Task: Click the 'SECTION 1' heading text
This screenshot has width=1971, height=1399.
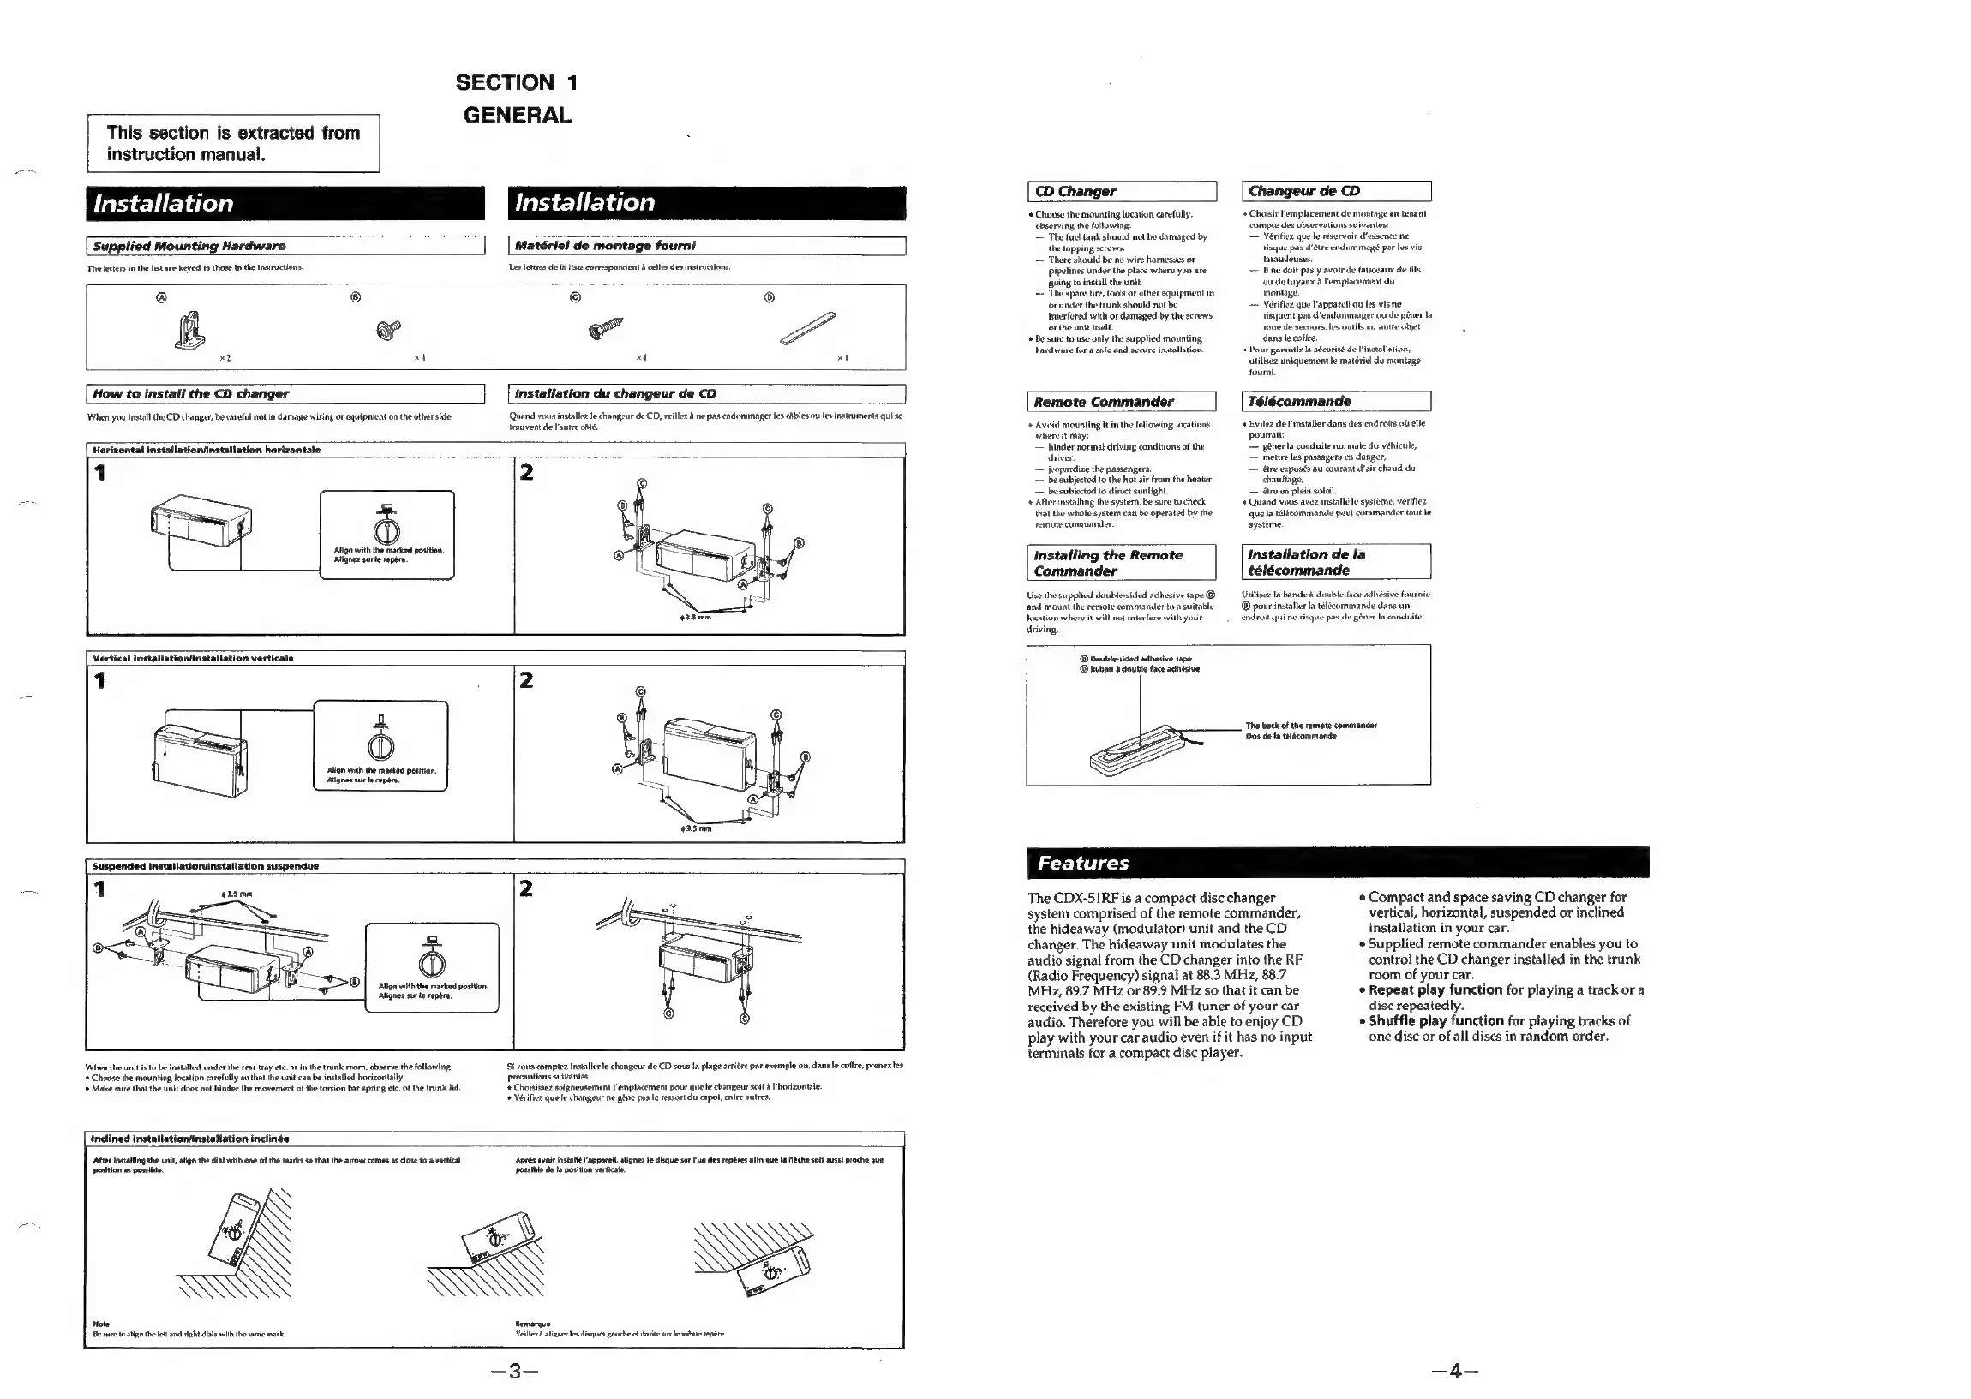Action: [x=517, y=83]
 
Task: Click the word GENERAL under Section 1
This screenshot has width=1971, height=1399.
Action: [x=517, y=116]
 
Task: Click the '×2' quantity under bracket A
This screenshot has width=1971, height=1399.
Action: [x=225, y=357]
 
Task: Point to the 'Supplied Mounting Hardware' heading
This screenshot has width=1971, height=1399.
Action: [x=189, y=247]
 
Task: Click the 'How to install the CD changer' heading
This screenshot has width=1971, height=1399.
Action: [x=190, y=394]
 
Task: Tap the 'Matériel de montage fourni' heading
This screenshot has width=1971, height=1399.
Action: [x=605, y=246]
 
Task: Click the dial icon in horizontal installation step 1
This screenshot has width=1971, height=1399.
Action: [x=386, y=527]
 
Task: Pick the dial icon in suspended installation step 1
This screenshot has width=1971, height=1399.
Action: [x=432, y=961]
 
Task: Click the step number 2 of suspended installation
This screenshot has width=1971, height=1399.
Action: [x=526, y=888]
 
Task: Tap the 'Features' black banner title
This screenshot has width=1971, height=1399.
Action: [x=1083, y=864]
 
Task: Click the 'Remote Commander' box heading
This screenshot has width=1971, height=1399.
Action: [x=1104, y=402]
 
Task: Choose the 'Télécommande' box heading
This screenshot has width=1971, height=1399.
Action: [x=1299, y=402]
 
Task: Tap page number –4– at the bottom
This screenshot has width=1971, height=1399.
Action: [x=1455, y=1371]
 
